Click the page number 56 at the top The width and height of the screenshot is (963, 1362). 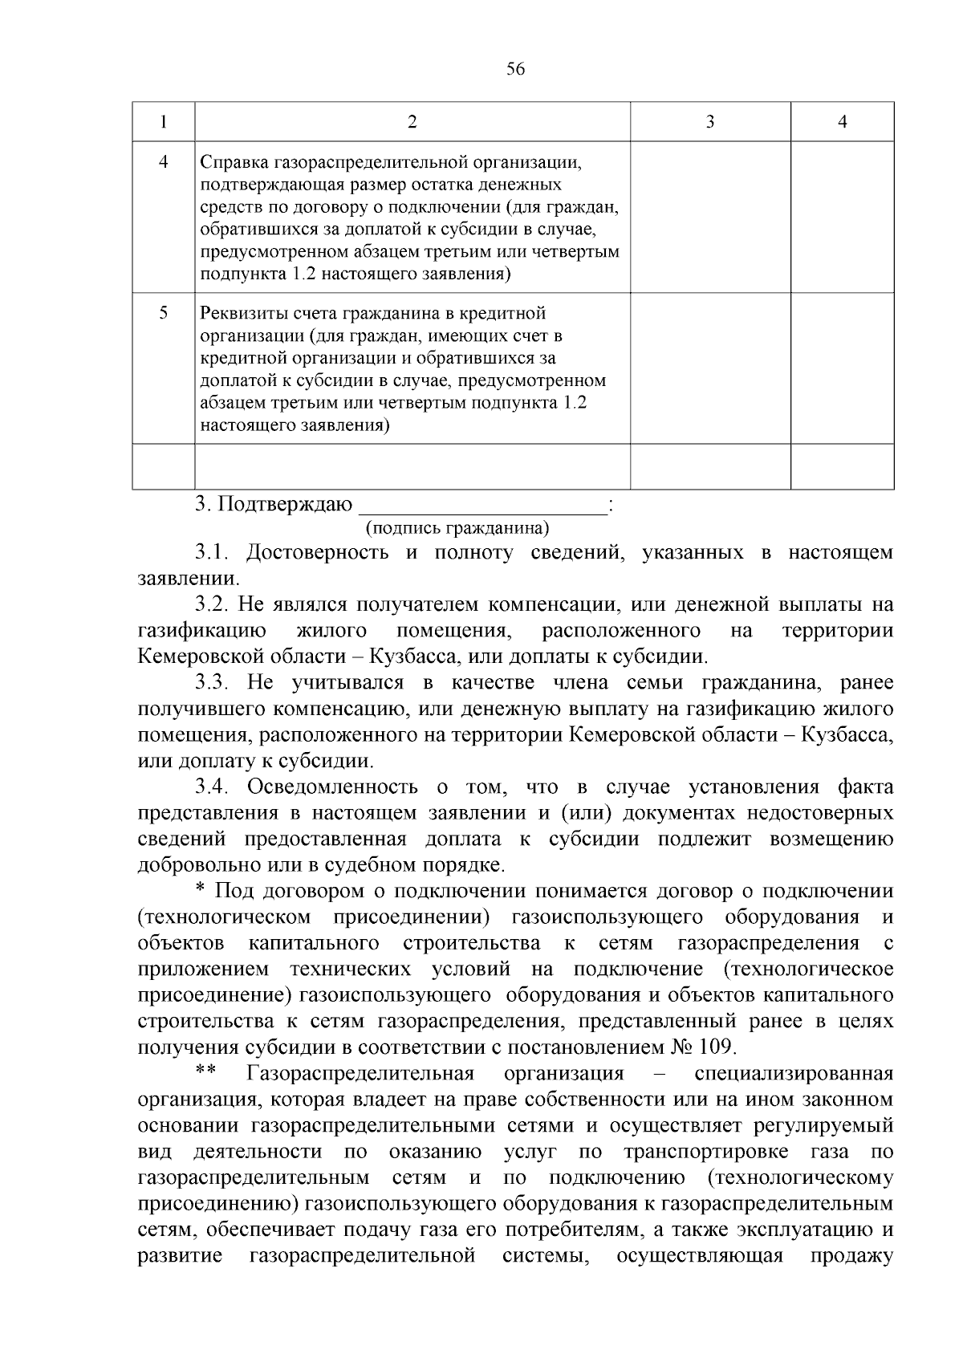[515, 70]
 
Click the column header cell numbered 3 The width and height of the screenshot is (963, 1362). [709, 122]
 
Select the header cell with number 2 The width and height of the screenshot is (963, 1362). [412, 122]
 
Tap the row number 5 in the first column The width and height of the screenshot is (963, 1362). [163, 314]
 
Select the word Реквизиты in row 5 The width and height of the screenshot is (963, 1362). [239, 314]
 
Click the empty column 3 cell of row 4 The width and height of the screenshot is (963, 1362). [709, 217]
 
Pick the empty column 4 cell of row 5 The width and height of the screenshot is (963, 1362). [842, 368]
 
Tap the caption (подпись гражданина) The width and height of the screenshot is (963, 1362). [457, 528]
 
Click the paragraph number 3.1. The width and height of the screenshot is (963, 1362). [213, 553]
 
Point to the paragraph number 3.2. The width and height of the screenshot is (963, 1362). [213, 605]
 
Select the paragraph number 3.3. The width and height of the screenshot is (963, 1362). [213, 683]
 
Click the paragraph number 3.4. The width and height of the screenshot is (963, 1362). [213, 787]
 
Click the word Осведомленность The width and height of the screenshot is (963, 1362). [332, 787]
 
